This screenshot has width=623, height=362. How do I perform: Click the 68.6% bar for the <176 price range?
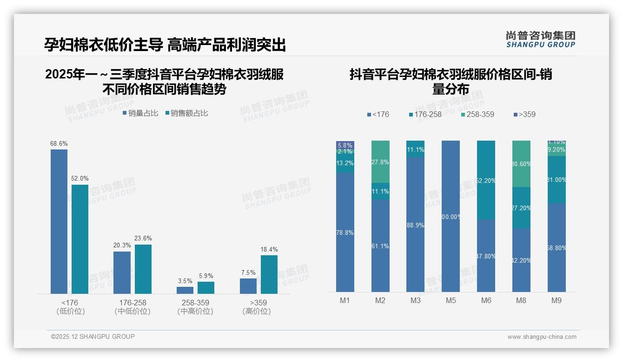[59, 221]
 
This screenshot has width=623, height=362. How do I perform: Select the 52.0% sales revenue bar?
[80, 239]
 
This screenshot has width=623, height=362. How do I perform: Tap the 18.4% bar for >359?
[269, 274]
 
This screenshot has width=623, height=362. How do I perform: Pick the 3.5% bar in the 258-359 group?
[185, 290]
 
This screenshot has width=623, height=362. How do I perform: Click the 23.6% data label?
[143, 238]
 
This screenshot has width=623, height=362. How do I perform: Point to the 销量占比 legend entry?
[140, 113]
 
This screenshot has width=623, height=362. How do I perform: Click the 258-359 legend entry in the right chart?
[477, 114]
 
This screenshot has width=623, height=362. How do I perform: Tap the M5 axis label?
[451, 300]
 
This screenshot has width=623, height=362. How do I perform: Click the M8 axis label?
[521, 300]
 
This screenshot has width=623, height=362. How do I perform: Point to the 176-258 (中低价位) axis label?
[133, 307]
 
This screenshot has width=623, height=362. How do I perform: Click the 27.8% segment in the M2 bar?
[380, 162]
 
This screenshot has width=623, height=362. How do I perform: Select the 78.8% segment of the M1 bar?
[345, 232]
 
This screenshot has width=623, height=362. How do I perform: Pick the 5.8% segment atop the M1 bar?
[345, 145]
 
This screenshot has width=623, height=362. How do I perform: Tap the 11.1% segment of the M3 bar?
[415, 149]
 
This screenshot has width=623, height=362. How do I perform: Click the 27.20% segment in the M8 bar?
[521, 207]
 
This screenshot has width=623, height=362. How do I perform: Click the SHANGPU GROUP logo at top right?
[540, 39]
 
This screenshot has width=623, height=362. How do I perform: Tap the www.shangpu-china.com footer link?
[542, 337]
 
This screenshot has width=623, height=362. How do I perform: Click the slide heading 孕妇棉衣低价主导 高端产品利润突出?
[165, 45]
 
